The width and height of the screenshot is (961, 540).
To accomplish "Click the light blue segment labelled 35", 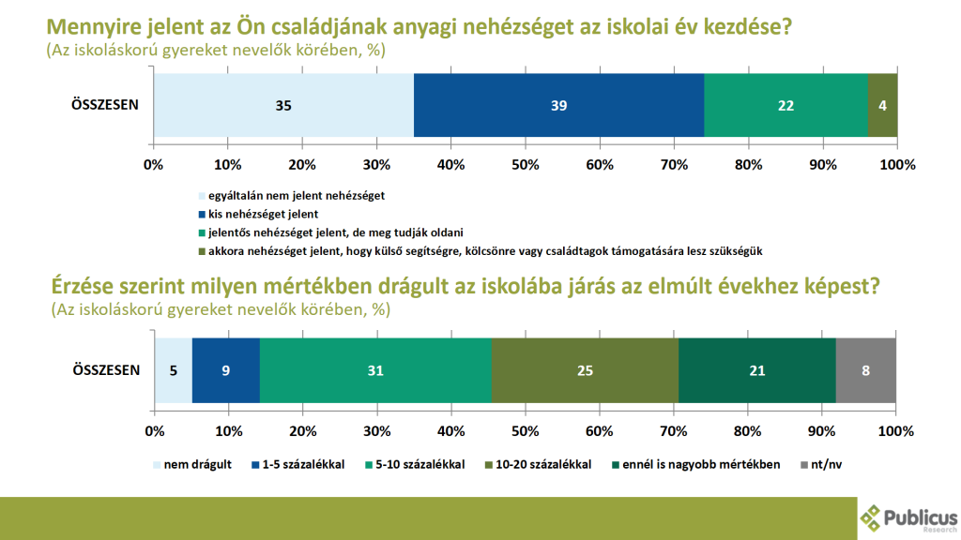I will coord(282,105).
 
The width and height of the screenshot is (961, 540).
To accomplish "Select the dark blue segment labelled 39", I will coord(558,105).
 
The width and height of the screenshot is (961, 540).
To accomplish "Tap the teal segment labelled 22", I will coord(786,105).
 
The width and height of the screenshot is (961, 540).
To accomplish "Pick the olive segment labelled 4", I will coord(883,105).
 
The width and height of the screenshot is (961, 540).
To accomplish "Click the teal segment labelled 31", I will coord(375,370).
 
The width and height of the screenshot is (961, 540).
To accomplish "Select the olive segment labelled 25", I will coord(585,370).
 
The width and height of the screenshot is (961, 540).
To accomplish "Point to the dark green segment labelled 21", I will coord(756,370).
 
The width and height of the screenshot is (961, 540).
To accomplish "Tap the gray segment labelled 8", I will coord(865,370).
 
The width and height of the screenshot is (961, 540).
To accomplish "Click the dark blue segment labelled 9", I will coord(226,370).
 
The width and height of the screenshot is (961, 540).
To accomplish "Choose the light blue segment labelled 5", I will coord(174,370).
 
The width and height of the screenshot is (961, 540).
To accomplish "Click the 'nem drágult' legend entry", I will coord(195,464).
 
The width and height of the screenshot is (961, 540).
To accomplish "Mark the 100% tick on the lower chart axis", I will coord(896,430).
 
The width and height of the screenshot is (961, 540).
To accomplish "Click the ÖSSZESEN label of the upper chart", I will coord(106,105).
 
